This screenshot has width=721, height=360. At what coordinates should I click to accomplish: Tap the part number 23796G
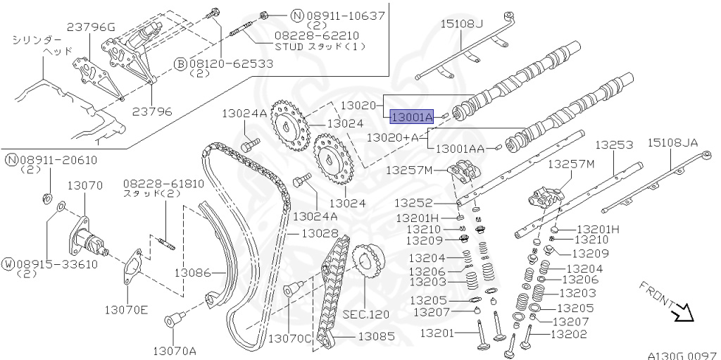pyautogui.click(x=91, y=27)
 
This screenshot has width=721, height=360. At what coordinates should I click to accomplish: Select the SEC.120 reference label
pyautogui.click(x=365, y=314)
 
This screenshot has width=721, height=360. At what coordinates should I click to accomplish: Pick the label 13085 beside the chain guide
pyautogui.click(x=377, y=337)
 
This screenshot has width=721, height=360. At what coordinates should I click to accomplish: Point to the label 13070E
pyautogui.click(x=127, y=309)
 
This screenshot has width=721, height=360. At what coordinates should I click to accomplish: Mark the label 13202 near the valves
pyautogui.click(x=568, y=335)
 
